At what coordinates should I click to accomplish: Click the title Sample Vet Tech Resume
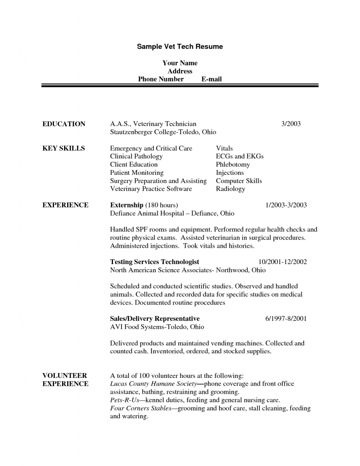(180, 47)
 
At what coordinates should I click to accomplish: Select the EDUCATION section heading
(64, 124)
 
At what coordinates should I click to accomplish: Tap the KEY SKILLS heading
(63, 148)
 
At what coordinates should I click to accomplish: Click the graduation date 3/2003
(291, 124)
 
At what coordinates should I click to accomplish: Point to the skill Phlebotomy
(233, 165)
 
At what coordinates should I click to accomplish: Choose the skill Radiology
(231, 189)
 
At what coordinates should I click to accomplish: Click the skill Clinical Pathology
(136, 156)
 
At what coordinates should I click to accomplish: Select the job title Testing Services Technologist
(155, 262)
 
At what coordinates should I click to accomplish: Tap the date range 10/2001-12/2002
(283, 262)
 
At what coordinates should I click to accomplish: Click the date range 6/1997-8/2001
(286, 319)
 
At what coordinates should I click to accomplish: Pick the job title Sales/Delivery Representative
(155, 319)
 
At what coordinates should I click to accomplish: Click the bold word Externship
(127, 205)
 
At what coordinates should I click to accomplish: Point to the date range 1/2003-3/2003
(286, 205)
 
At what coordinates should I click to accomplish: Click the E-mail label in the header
(212, 79)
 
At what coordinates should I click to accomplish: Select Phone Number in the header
(161, 79)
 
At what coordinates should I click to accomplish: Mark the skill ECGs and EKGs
(240, 156)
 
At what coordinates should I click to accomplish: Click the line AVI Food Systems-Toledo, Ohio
(157, 327)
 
